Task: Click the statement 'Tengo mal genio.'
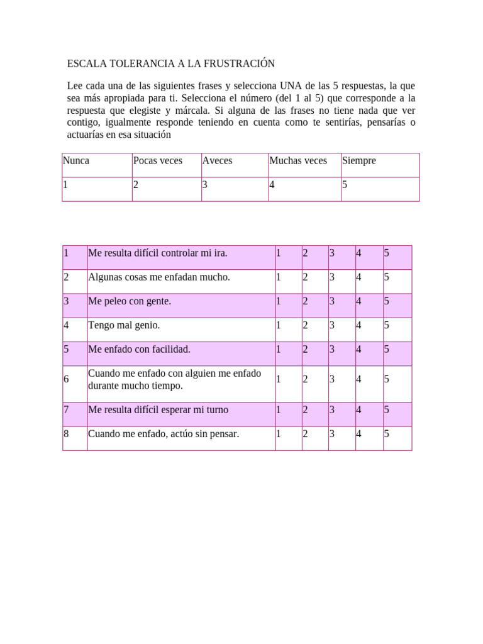[124, 325]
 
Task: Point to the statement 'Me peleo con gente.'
[130, 301]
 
